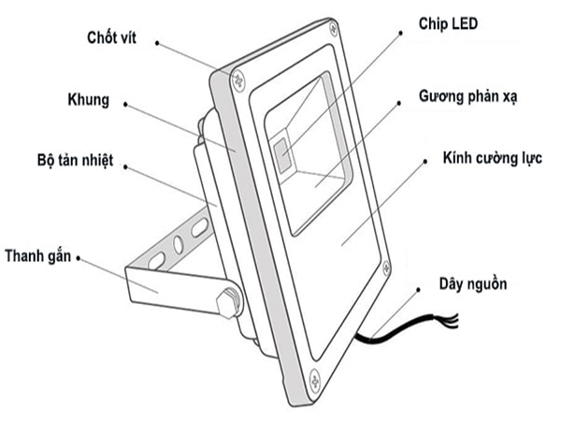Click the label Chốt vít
111,37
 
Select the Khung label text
89,100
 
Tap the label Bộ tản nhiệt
75,160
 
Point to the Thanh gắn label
38,256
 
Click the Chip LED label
448,23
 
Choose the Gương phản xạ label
468,96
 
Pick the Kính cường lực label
493,158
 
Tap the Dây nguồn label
473,283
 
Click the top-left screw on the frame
238,80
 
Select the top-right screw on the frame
334,28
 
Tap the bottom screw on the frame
315,379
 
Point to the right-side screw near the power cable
386,268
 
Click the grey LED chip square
282,154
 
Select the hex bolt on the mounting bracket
228,303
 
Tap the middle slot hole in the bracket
178,244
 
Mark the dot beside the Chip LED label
401,33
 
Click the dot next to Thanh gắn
79,258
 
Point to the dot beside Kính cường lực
425,162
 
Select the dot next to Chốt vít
157,43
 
